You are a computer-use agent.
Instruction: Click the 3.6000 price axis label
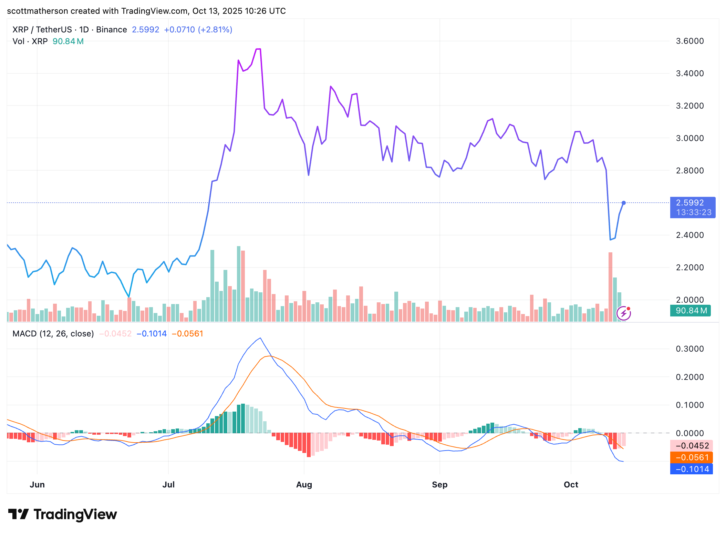coord(689,41)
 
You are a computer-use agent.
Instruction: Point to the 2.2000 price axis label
coord(689,267)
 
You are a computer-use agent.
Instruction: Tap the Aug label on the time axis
coord(304,485)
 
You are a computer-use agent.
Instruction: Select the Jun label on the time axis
coord(37,485)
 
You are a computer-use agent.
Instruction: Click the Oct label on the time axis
coord(571,485)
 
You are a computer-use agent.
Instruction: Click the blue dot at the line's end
coord(623,203)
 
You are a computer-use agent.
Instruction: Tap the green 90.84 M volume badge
coord(691,311)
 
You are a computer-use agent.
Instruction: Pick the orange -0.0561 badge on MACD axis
coord(692,457)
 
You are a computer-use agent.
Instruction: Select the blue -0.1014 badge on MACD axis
coord(692,469)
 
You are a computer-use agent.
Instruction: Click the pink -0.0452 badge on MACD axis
coord(692,446)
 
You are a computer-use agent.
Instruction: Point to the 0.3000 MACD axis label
coord(689,349)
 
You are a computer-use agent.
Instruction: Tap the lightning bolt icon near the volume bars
coord(623,313)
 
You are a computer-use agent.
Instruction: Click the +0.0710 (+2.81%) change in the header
coord(198,30)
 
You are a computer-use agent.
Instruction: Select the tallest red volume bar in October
coord(610,287)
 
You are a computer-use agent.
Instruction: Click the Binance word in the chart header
coord(112,30)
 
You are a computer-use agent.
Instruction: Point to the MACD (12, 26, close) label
coord(53,334)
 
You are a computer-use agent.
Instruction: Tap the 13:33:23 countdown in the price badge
coord(693,212)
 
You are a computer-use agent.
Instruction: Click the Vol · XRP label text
coord(30,41)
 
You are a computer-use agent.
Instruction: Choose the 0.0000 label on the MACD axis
coord(689,433)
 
